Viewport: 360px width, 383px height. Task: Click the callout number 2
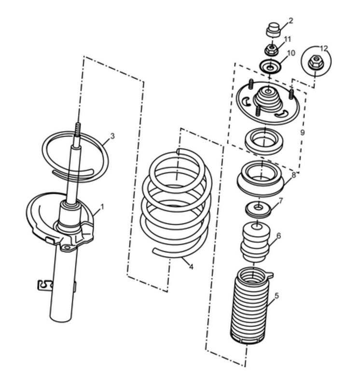point(291,21)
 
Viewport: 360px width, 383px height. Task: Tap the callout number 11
point(288,39)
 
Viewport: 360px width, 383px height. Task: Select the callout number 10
point(291,53)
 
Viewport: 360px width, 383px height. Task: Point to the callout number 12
point(324,48)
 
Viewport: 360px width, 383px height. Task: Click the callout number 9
point(302,133)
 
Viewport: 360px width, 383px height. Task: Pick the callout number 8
point(293,175)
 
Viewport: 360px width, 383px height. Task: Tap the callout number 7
point(280,201)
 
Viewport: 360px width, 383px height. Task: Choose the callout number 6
point(278,236)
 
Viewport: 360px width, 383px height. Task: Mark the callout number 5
point(277,296)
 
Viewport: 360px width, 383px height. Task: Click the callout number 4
point(191,267)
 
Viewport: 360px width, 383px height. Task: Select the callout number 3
point(112,136)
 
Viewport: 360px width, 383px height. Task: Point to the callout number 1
point(102,207)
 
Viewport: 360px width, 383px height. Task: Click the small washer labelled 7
point(258,210)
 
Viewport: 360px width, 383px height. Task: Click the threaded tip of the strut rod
point(78,129)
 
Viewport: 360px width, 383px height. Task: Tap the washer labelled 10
point(270,67)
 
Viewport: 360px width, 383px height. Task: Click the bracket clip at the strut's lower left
point(45,285)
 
